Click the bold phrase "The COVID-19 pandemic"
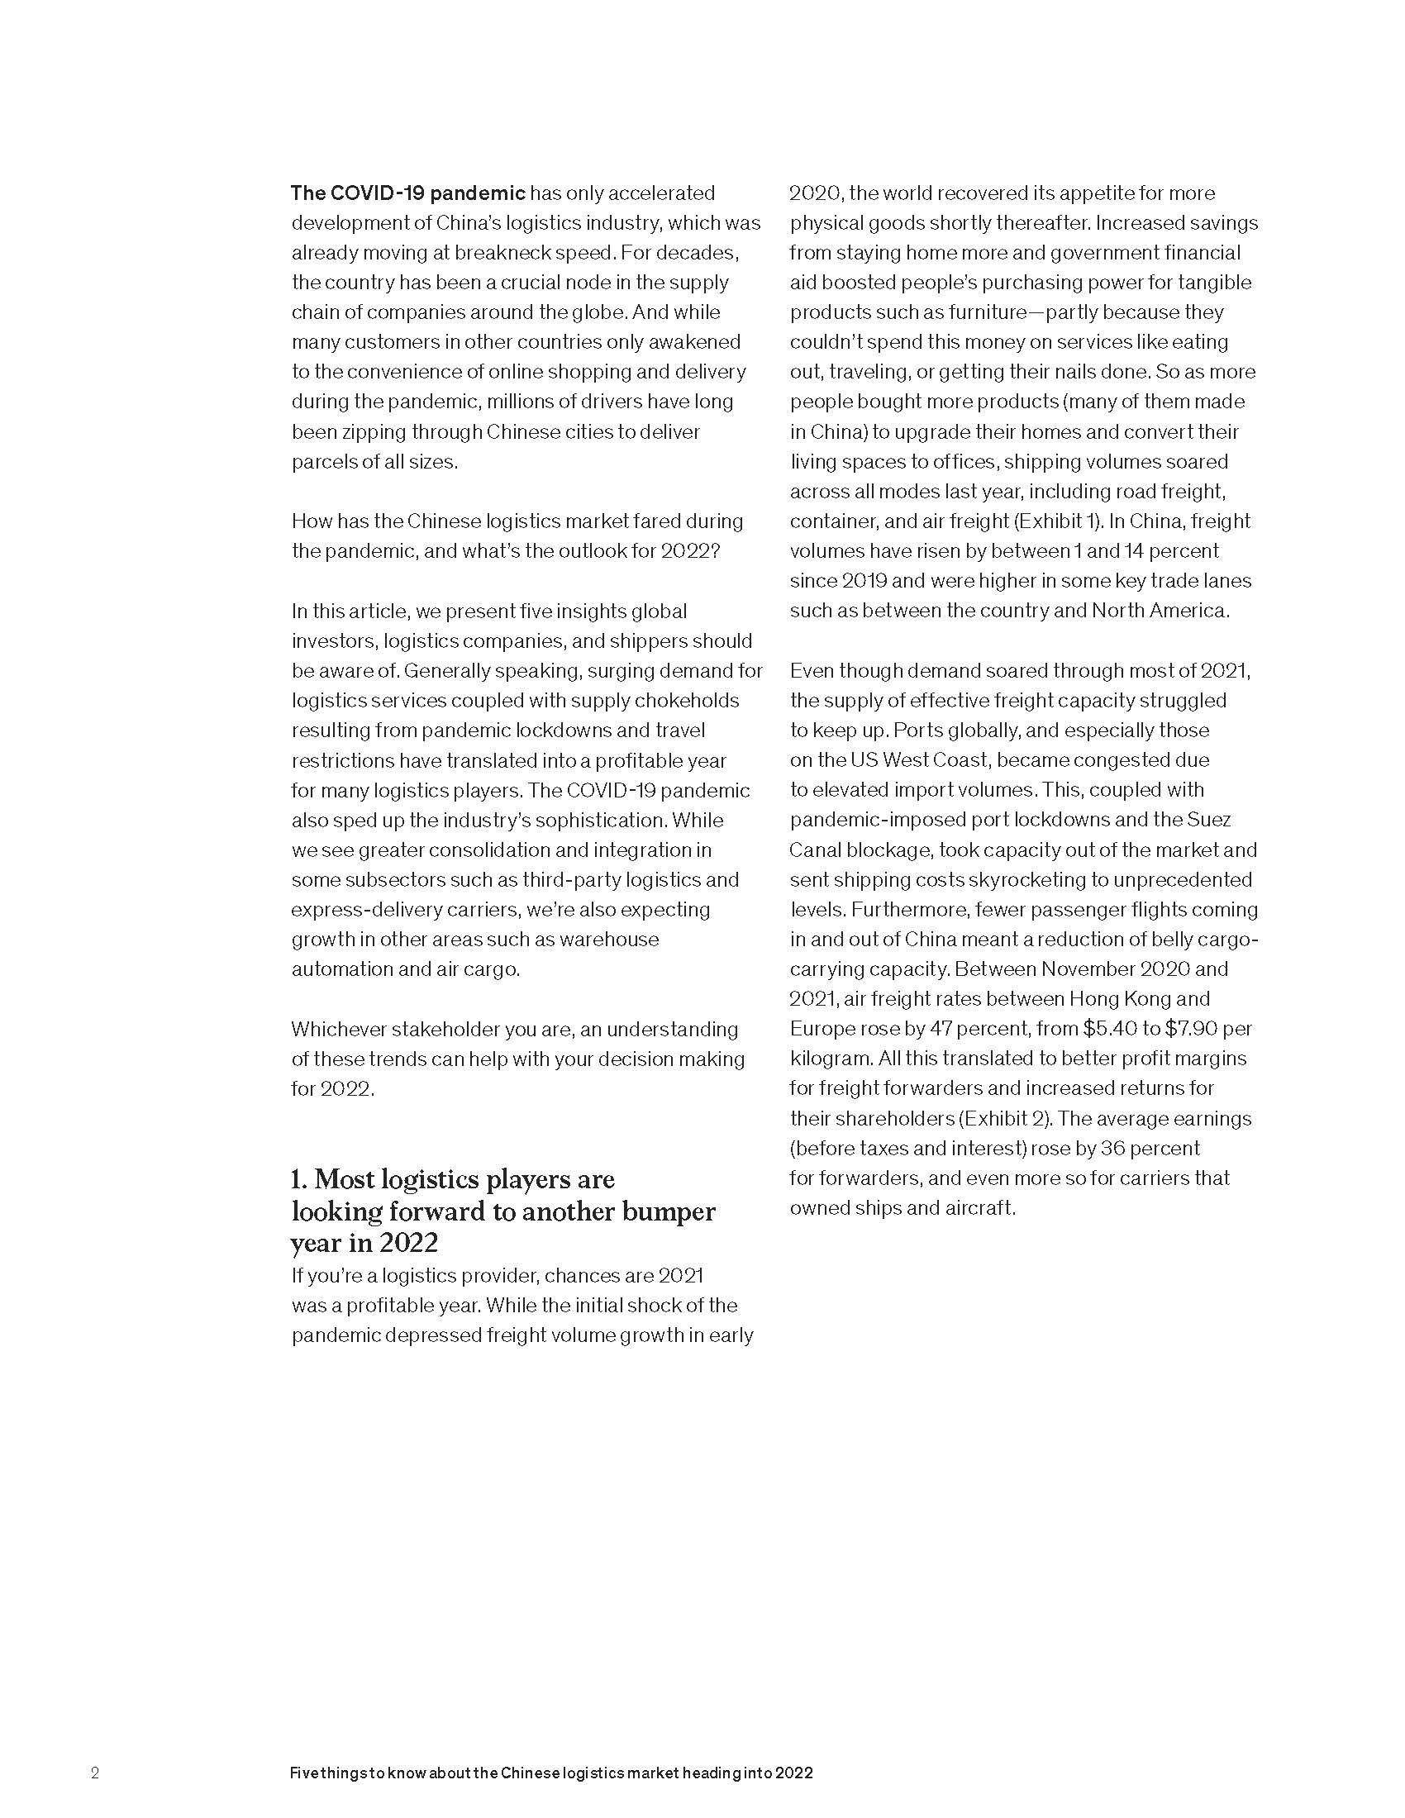tap(407, 193)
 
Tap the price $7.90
tap(1192, 1029)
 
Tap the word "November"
tap(1091, 969)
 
